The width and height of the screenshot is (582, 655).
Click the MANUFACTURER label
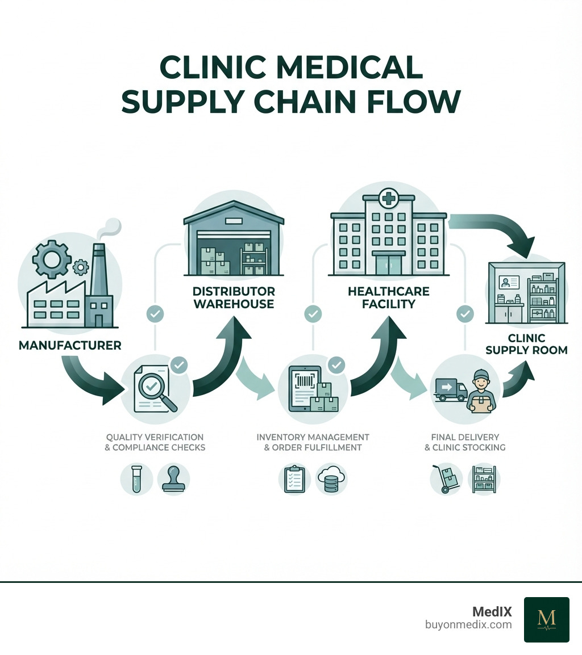(70, 345)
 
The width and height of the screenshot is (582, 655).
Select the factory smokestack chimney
(98, 278)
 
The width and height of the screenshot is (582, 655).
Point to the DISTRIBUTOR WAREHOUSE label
(234, 297)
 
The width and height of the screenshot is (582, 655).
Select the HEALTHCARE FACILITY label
(389, 297)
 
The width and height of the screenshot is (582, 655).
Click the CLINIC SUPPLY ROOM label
(527, 344)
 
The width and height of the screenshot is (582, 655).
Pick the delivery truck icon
(450, 391)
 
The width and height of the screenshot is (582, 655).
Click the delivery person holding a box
(481, 392)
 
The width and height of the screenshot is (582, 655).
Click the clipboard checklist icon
(292, 480)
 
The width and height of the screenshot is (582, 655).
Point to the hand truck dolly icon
(446, 480)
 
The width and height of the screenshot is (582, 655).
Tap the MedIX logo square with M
(546, 619)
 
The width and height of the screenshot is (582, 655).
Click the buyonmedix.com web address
(468, 625)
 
